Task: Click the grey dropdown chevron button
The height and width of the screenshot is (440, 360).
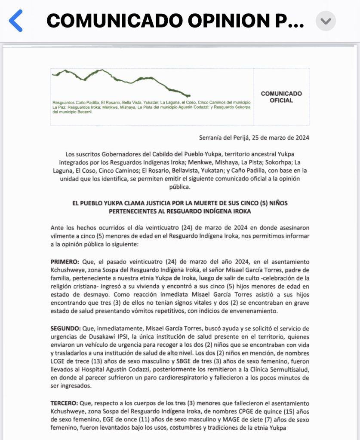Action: click(326, 21)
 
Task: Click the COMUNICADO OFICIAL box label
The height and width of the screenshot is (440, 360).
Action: click(281, 97)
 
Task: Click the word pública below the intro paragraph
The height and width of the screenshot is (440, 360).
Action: click(180, 187)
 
